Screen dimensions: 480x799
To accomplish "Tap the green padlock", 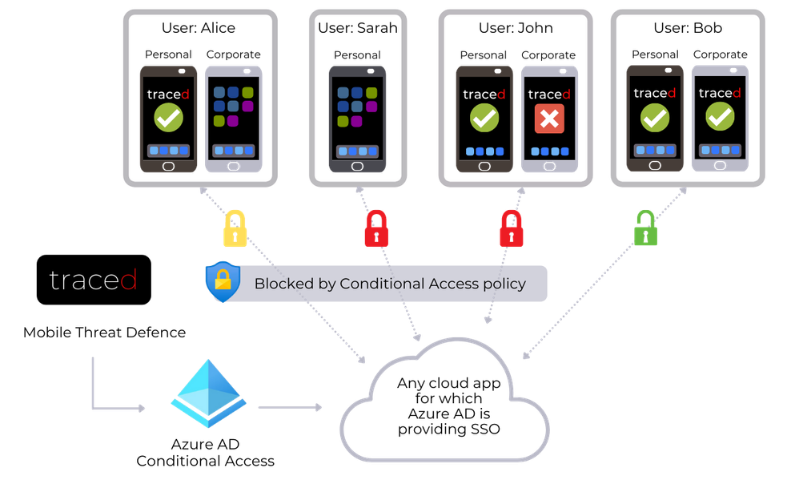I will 645,228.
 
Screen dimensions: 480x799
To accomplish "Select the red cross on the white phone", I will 549,119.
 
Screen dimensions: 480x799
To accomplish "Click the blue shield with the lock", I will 223,281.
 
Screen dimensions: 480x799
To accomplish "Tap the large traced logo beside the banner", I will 93,280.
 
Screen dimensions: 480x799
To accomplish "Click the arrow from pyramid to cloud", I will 289,407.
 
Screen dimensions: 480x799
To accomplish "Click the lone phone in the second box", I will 358,119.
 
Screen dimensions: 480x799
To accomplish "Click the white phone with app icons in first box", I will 233,119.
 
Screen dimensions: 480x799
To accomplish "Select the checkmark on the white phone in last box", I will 720,118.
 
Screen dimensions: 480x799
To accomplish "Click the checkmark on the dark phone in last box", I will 655,118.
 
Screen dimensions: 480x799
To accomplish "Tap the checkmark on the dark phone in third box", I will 484,119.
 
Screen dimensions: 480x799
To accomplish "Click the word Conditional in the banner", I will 379,284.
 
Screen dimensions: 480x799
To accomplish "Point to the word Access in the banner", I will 451,284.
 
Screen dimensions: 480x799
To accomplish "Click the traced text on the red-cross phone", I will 549,95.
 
